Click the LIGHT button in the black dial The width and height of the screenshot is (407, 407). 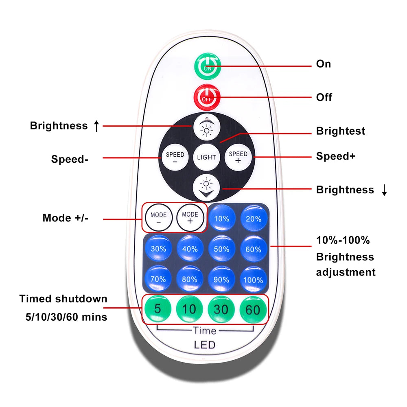tap(206, 157)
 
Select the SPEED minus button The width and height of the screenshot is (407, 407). tap(175, 158)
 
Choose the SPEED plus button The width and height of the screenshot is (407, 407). tap(238, 157)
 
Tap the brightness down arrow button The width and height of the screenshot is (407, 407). tap(206, 188)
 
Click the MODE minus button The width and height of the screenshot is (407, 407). tap(158, 218)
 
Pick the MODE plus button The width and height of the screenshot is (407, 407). tap(190, 218)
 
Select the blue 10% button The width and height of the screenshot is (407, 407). tap(221, 218)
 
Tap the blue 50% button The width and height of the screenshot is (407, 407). tap(221, 249)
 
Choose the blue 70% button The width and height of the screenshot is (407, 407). tap(158, 279)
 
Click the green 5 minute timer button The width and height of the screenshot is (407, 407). tap(158, 309)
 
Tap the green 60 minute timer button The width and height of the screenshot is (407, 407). tap(253, 309)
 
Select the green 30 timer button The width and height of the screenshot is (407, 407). tap(221, 309)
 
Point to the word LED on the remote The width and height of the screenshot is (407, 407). tap(205, 345)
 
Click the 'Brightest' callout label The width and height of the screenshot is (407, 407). tap(341, 131)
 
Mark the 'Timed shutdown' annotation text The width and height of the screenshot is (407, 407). tap(63, 299)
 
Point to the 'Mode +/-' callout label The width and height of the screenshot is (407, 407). tap(65, 218)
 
